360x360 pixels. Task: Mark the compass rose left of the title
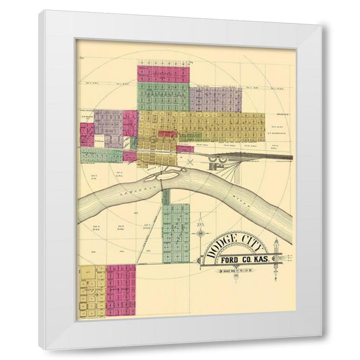click(201, 234)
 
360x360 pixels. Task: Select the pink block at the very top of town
click(162, 73)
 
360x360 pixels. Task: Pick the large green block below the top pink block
click(163, 97)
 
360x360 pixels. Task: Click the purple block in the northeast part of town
click(215, 99)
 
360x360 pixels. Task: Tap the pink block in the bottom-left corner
click(122, 289)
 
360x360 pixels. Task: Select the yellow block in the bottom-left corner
click(93, 291)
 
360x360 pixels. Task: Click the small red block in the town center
click(167, 134)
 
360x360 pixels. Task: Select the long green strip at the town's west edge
click(101, 155)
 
